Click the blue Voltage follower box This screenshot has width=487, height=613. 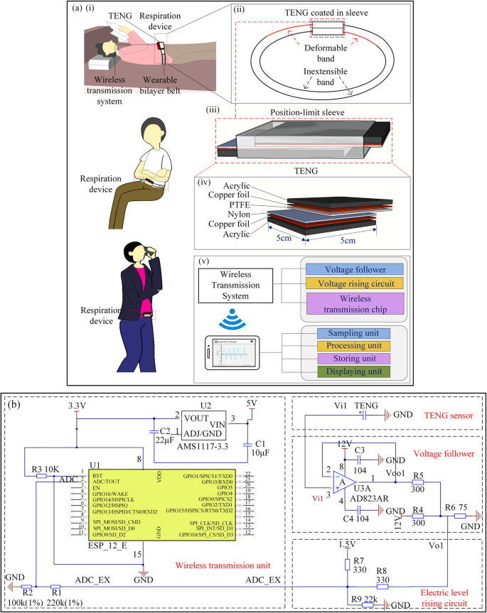pos(353,270)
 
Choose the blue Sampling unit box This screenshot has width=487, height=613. pos(354,332)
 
